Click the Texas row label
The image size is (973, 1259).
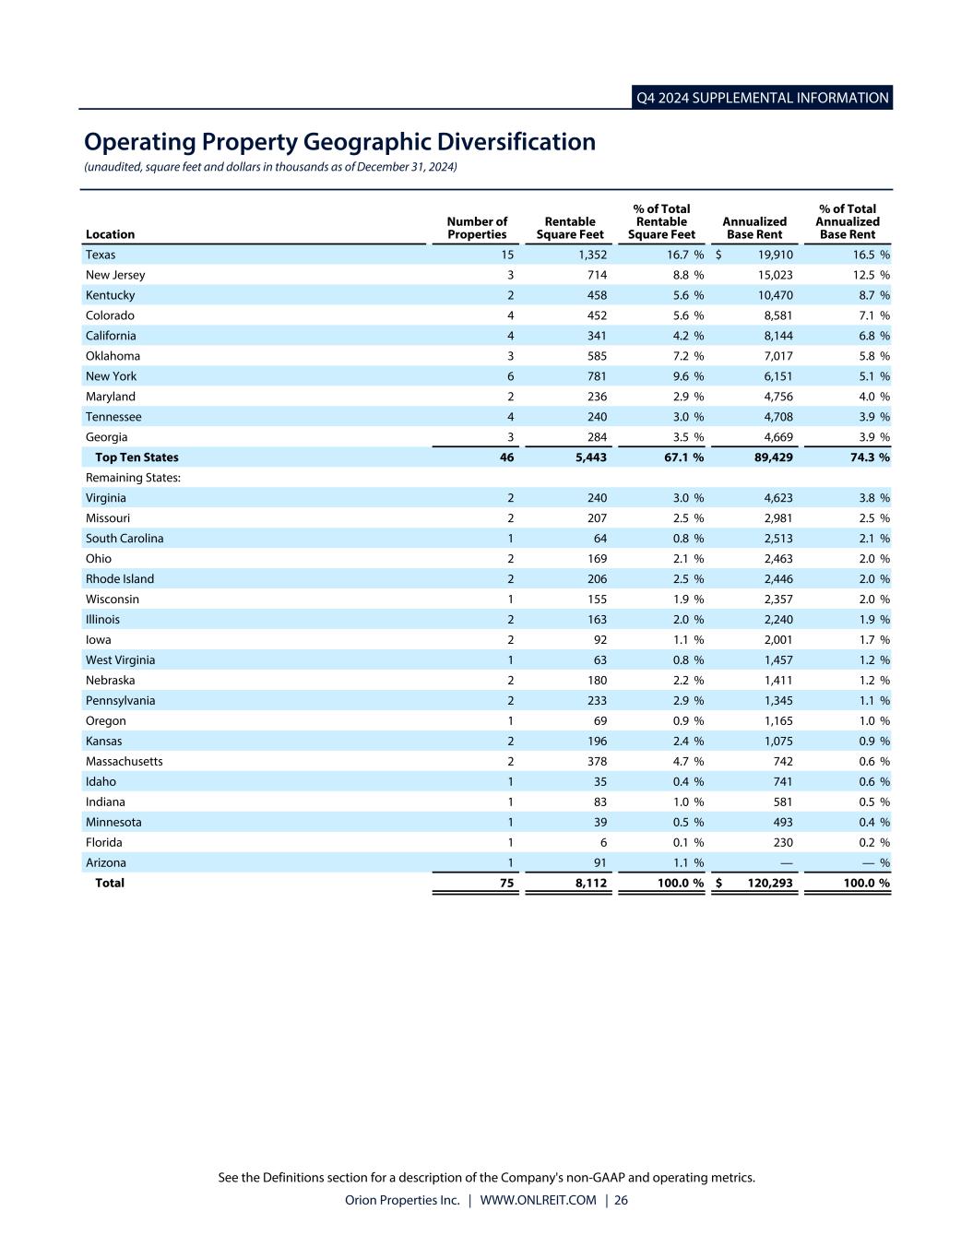(x=101, y=255)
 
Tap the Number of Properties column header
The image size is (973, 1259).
(x=477, y=228)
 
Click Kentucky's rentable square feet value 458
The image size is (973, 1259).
(x=597, y=295)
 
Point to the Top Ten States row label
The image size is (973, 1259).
(x=136, y=457)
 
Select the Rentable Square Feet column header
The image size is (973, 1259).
(x=570, y=228)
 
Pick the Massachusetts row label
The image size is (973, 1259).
(x=125, y=761)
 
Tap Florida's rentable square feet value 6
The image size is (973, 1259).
(x=603, y=842)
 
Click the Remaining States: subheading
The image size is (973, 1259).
(x=133, y=478)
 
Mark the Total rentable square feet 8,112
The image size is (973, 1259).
(x=590, y=883)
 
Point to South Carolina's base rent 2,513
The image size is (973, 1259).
(x=777, y=539)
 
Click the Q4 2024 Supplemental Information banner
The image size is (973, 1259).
(x=762, y=98)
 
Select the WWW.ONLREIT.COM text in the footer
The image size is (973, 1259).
(x=538, y=1200)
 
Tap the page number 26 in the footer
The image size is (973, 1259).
(x=621, y=1200)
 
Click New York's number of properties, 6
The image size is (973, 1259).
(x=510, y=376)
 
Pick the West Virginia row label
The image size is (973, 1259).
(x=121, y=660)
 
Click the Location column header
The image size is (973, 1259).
(x=110, y=234)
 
